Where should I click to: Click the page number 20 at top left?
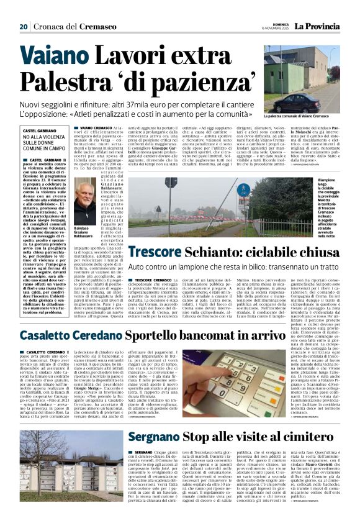tap(24, 27)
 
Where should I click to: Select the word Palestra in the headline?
tap(66, 84)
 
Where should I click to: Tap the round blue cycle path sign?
tap(243, 190)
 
